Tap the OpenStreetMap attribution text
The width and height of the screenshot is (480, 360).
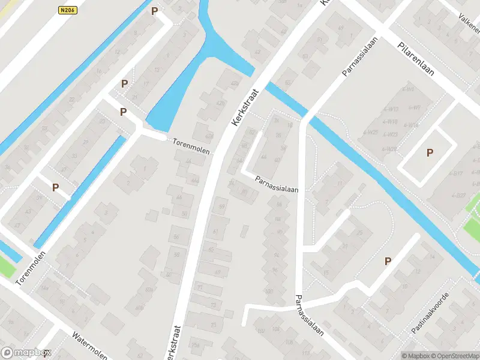point(451,355)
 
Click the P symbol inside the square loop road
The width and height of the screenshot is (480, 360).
point(429,153)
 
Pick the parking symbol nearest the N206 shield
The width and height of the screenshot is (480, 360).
point(155,11)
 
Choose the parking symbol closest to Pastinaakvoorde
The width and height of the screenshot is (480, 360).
point(388,261)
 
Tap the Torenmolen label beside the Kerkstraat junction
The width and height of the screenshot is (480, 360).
point(191,146)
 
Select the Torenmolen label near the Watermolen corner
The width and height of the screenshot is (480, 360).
point(32,268)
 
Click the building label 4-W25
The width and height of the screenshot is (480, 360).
point(371,132)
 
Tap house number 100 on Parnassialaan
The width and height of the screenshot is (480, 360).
point(268,292)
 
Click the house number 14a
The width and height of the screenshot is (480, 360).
point(44,289)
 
